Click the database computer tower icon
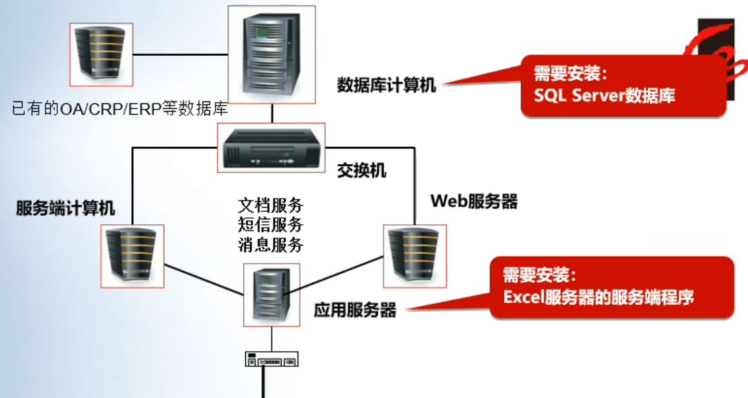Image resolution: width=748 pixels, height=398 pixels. (x=271, y=54)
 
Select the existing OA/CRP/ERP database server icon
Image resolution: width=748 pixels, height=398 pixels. (x=101, y=54)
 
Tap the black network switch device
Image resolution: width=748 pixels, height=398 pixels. (x=271, y=148)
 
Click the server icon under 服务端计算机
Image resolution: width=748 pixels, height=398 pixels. (x=132, y=257)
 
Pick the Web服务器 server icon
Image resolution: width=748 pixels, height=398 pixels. (x=415, y=257)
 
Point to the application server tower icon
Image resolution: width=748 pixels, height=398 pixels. (x=271, y=295)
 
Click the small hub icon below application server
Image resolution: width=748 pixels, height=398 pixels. (x=271, y=359)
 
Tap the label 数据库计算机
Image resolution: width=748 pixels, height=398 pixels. (x=386, y=85)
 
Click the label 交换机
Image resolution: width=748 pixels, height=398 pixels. (x=362, y=170)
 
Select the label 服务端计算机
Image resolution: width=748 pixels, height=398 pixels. (x=66, y=208)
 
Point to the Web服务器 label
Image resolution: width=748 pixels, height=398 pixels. (x=474, y=201)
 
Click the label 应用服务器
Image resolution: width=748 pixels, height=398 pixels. (x=355, y=310)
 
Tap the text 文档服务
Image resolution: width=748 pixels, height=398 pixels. (x=271, y=206)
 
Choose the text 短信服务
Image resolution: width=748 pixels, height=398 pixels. (x=271, y=224)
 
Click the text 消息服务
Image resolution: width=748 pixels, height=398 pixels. (x=271, y=244)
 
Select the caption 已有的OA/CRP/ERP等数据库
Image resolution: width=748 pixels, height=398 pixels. (x=119, y=109)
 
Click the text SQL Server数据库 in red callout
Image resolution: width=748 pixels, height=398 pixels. (x=604, y=95)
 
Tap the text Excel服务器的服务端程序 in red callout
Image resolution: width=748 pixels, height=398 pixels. (x=598, y=297)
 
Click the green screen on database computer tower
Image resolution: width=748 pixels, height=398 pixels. (x=261, y=33)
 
